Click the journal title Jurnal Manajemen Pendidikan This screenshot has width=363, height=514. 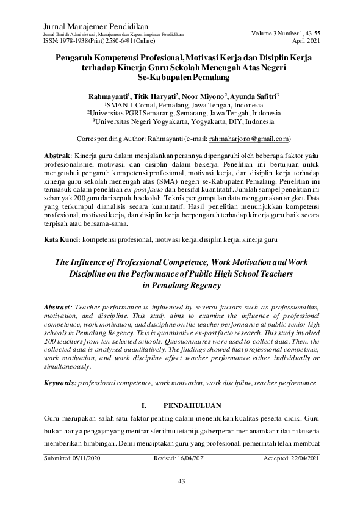click(x=89, y=27)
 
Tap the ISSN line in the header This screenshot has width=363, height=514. click(x=97, y=42)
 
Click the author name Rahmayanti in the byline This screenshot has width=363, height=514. click(x=106, y=96)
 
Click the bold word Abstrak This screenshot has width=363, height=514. click(x=58, y=157)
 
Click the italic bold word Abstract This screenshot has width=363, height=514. click(x=59, y=303)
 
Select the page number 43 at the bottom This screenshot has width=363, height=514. click(x=181, y=481)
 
